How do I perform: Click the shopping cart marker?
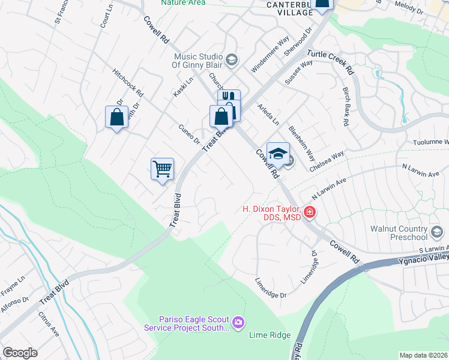click(x=162, y=169)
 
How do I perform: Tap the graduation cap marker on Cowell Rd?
click(x=278, y=154)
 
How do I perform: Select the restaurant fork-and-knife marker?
click(x=229, y=97)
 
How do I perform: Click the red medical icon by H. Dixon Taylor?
click(x=309, y=212)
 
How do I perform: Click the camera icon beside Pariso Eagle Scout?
click(x=239, y=323)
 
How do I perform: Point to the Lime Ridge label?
click(x=270, y=335)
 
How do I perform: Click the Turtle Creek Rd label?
click(x=331, y=61)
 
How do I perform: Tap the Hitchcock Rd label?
click(x=128, y=82)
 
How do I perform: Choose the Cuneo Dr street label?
click(x=188, y=134)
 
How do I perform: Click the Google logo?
click(x=20, y=353)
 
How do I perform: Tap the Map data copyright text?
click(x=423, y=355)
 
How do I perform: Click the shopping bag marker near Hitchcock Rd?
click(x=116, y=117)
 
